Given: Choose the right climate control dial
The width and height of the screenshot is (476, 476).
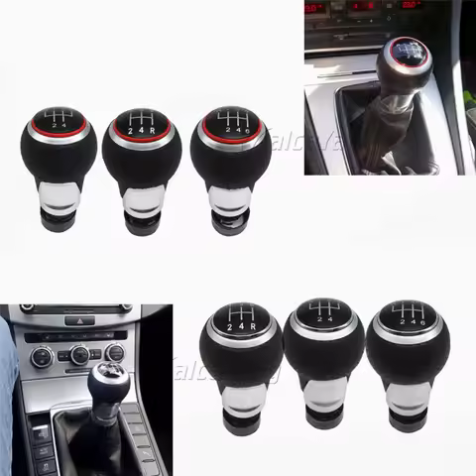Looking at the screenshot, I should pyautogui.click(x=114, y=353).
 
